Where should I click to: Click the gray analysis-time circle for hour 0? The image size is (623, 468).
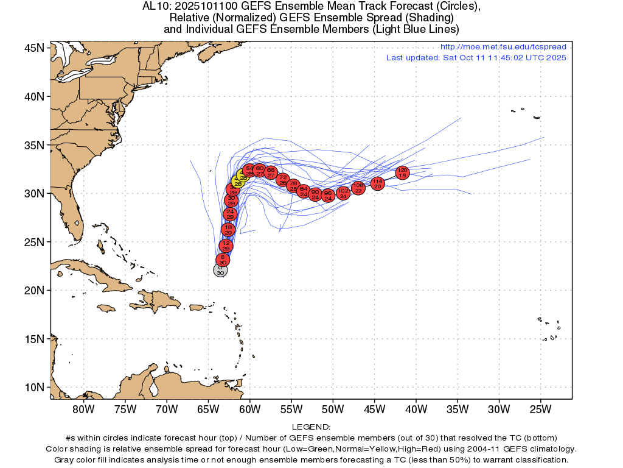220,270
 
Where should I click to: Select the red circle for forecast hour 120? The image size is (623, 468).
402,172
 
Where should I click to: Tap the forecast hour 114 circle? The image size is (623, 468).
377,183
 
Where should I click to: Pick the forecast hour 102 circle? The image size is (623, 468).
343,193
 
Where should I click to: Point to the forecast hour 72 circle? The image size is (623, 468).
283,179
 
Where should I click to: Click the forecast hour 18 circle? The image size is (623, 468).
228,230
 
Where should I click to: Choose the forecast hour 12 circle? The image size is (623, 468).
226,246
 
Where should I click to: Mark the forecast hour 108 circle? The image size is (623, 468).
358,188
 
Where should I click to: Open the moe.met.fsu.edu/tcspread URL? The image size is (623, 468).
503,47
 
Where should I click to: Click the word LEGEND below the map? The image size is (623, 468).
311,427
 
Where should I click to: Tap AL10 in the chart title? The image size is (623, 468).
153,7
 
